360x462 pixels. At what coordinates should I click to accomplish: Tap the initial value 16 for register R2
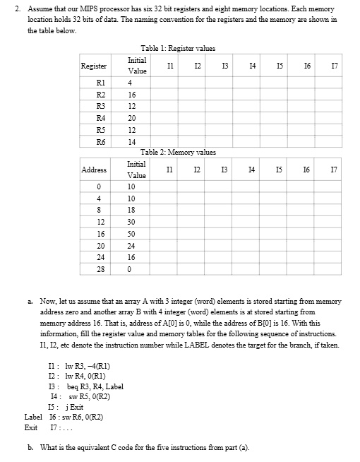tap(132, 94)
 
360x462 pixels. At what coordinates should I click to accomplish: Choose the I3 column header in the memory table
tap(222, 169)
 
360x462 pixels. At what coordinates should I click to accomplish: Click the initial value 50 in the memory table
tap(132, 232)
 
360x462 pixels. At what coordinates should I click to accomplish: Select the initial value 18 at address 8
tap(132, 210)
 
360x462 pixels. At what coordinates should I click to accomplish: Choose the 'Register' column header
tap(94, 66)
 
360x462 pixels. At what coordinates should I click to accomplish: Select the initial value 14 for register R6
tap(132, 142)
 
